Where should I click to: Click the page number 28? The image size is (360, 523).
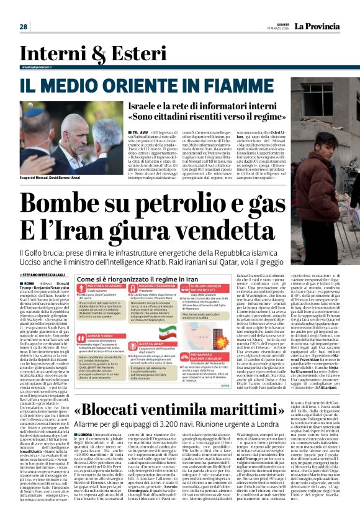click(23, 27)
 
